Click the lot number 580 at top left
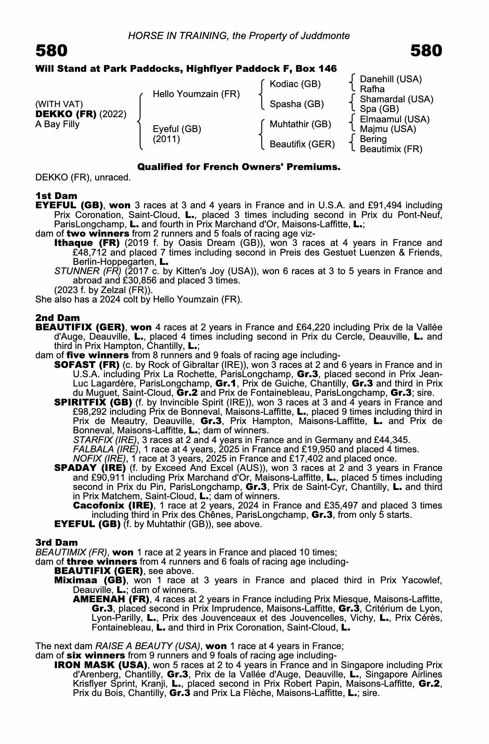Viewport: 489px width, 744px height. (52, 51)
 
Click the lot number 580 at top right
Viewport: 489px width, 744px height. (426, 51)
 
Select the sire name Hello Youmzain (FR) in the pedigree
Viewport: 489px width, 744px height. (196, 94)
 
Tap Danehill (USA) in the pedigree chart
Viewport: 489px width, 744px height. (391, 79)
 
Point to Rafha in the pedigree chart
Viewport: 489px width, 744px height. (372, 89)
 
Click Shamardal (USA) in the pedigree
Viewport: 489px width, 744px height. (396, 99)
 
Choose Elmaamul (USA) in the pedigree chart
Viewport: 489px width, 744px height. (395, 119)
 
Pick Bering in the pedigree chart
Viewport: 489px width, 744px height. (373, 139)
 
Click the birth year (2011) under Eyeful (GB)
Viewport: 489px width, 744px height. (167, 139)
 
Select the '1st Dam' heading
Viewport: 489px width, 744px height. (57, 196)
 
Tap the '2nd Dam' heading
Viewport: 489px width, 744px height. (58, 318)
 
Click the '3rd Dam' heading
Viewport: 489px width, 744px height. (57, 542)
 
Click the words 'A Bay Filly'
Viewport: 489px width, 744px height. (57, 124)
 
